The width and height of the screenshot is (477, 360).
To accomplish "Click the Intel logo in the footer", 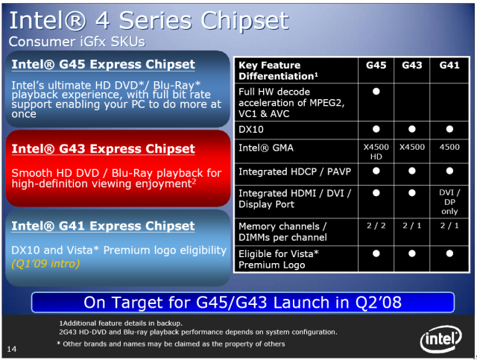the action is (x=441, y=338).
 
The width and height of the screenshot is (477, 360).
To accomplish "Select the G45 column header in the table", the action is (x=376, y=65).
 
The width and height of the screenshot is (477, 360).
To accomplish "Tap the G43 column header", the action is (x=412, y=65).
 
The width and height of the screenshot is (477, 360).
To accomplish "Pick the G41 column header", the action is (x=449, y=65).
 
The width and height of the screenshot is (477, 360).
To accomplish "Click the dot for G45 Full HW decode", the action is (x=376, y=91).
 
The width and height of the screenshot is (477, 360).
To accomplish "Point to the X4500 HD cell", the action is (x=376, y=151).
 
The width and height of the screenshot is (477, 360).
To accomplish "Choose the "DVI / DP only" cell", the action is (x=449, y=202).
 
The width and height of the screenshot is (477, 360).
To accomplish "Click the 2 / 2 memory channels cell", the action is (x=376, y=226).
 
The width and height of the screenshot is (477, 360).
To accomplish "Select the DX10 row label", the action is (x=250, y=130).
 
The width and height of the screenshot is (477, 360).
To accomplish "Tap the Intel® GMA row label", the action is (x=266, y=148).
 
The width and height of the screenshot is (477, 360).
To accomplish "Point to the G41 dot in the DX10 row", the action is (x=449, y=129).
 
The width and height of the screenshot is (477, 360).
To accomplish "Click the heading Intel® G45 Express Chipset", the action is (x=103, y=65).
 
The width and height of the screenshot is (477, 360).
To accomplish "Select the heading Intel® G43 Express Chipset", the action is (x=103, y=149).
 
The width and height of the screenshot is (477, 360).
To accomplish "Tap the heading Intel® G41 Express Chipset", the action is (x=103, y=226).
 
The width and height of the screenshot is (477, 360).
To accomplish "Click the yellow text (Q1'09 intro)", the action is (x=45, y=263).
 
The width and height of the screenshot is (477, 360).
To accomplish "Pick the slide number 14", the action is (x=12, y=349).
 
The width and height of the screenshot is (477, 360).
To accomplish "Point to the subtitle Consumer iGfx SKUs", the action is (x=77, y=42).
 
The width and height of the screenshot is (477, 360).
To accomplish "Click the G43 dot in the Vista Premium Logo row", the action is (x=412, y=253).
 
